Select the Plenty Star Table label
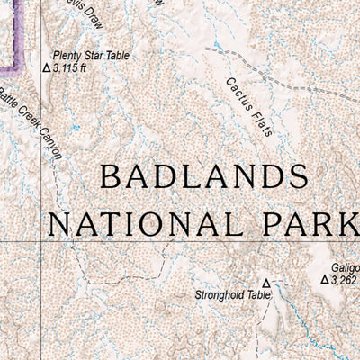91,55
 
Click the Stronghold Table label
233,294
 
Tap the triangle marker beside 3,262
325,280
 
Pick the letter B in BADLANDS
111,176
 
